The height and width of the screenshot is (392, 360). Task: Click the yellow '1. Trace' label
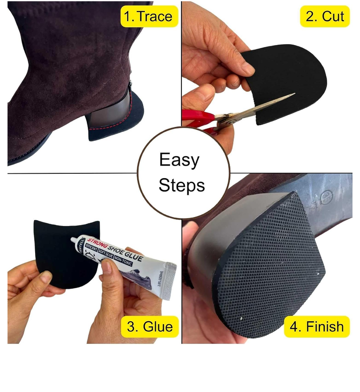click(x=148, y=17)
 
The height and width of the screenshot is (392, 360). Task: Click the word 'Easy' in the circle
click(x=180, y=161)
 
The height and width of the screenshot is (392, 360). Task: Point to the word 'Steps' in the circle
click(x=182, y=185)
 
